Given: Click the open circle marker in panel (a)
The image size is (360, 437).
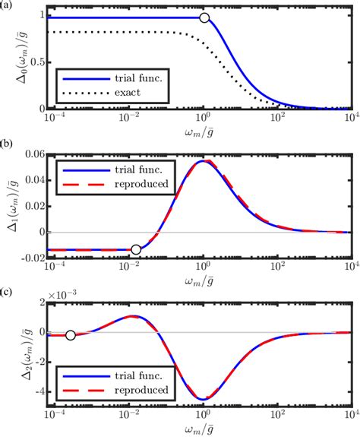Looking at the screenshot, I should click(x=204, y=17).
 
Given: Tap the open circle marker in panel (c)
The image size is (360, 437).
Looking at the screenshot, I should click(x=70, y=334).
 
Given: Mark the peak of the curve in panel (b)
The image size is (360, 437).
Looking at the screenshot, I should click(x=203, y=161).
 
